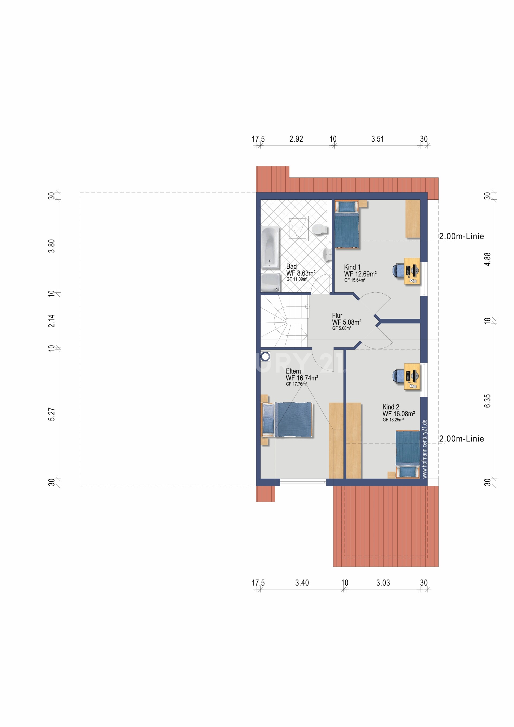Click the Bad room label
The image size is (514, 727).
(291, 266)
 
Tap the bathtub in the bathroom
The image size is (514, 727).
(270, 248)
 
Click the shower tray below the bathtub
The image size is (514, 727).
(270, 282)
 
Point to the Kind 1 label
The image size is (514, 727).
(352, 267)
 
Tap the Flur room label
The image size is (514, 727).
(337, 315)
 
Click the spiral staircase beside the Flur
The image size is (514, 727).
(284, 321)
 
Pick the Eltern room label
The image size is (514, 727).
(293, 371)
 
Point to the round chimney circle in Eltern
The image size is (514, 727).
(265, 357)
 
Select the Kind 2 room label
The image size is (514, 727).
(391, 407)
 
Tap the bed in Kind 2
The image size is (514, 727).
(408, 454)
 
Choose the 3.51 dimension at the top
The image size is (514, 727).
(377, 139)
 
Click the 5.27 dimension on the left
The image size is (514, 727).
(52, 414)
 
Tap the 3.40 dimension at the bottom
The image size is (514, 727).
(302, 583)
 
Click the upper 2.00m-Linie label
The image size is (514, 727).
(462, 236)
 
